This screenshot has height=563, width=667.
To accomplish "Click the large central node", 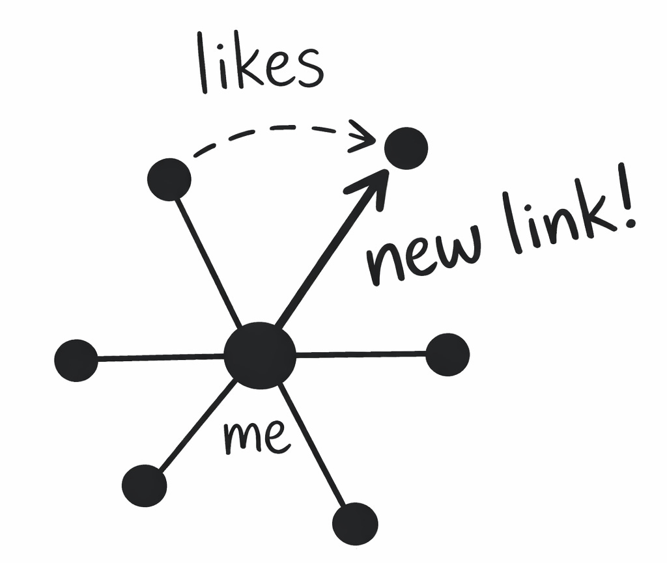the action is pyautogui.click(x=260, y=355).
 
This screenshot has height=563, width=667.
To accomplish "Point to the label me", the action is pyautogui.click(x=256, y=437).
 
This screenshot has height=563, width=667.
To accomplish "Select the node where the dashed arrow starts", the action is pyautogui.click(x=169, y=179).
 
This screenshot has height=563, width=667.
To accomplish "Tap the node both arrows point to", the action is pyautogui.click(x=406, y=148).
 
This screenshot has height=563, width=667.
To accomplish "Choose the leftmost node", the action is pyautogui.click(x=76, y=360).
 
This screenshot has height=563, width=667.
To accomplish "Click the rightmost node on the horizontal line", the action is pyautogui.click(x=447, y=355).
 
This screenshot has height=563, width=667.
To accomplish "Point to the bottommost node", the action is pyautogui.click(x=355, y=524).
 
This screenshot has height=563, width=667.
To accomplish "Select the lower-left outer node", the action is pyautogui.click(x=144, y=486).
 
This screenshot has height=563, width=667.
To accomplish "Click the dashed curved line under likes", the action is pyautogui.click(x=274, y=128).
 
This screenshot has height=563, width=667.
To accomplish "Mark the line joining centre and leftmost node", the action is pyautogui.click(x=160, y=357).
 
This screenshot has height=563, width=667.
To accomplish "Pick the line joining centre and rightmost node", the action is pyautogui.click(x=362, y=355).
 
